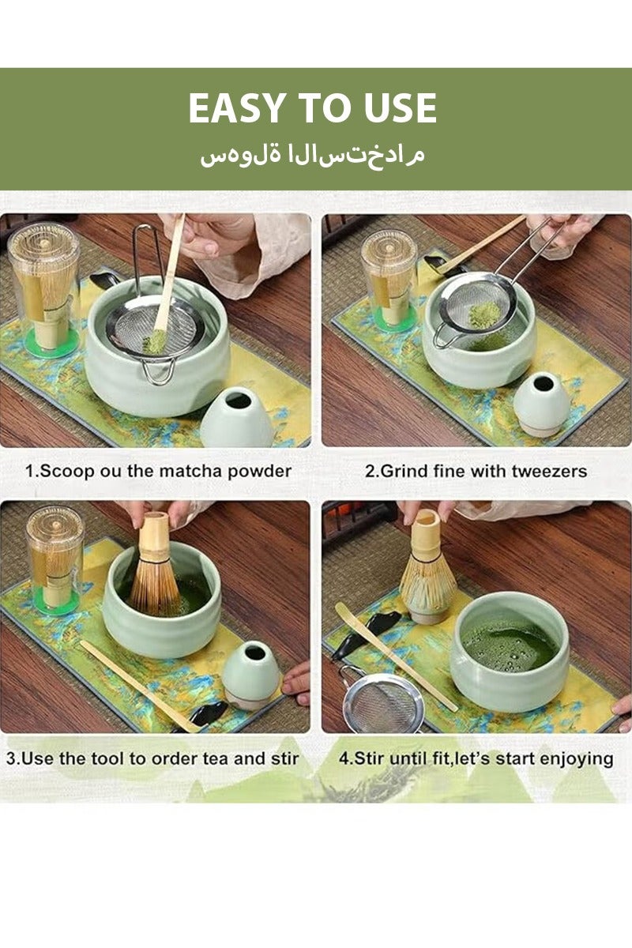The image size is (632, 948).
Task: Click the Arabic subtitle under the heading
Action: coord(313,152)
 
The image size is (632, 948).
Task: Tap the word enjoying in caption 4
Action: coord(578,758)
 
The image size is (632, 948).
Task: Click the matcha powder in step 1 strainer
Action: coord(155,340)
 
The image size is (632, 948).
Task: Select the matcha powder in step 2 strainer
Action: coord(484,314)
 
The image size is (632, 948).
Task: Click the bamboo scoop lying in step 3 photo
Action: coord(134,683)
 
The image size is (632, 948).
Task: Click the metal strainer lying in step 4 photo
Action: coord(383,702)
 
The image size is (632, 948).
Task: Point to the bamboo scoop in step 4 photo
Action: coord(395,656)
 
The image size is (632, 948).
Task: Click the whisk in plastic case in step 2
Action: coord(389,280)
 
